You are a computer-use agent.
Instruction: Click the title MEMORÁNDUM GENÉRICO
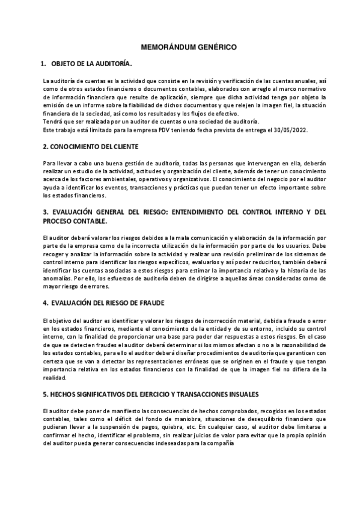[x=180, y=46]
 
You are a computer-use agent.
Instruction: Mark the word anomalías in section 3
[x=58, y=279]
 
